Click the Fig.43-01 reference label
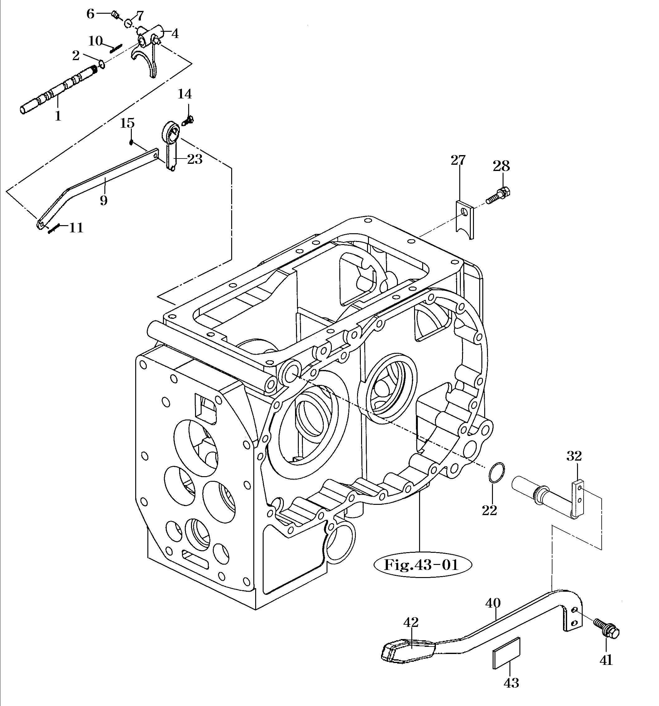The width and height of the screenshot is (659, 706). coord(423,565)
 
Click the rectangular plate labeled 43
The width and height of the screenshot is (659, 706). coord(507,653)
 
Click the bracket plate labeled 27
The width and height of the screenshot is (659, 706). coord(465,219)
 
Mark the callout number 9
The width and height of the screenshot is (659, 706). coord(103,200)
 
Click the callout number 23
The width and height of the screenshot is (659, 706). coord(195,159)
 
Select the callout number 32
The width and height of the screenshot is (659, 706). coord(574,456)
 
